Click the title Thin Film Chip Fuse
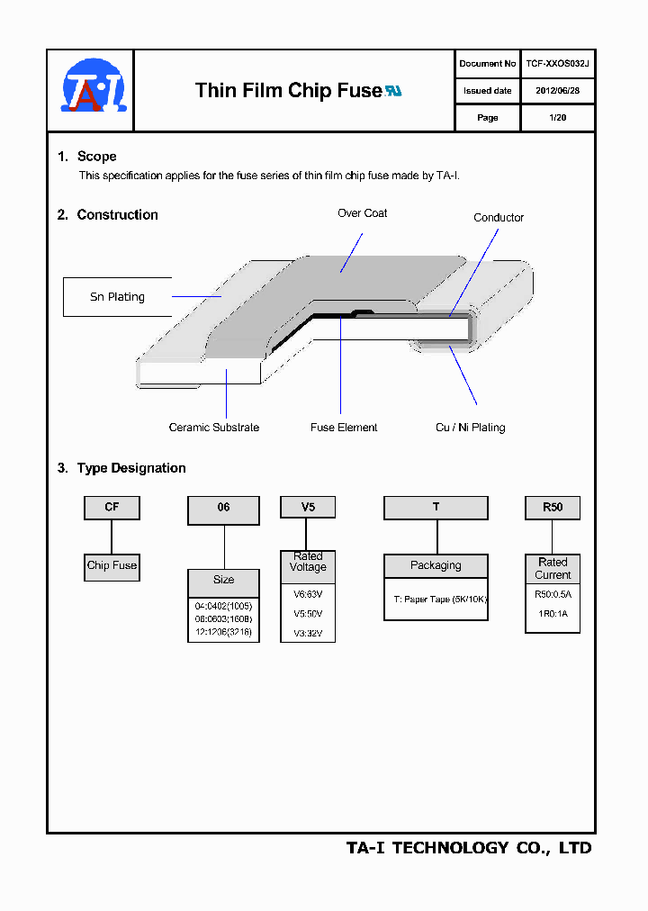[288, 91]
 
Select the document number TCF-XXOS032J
[557, 64]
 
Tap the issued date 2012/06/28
[557, 91]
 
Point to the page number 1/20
[557, 118]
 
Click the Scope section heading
[96, 157]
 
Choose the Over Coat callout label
[362, 213]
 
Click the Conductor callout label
[499, 218]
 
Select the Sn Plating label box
[117, 297]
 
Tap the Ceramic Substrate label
[214, 428]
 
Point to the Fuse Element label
[344, 428]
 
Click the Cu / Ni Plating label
[470, 428]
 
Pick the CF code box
[112, 508]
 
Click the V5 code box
[308, 508]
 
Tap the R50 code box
[553, 508]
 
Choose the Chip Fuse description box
[112, 566]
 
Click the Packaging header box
[436, 565]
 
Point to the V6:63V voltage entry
[308, 594]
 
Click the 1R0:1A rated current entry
[553, 614]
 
